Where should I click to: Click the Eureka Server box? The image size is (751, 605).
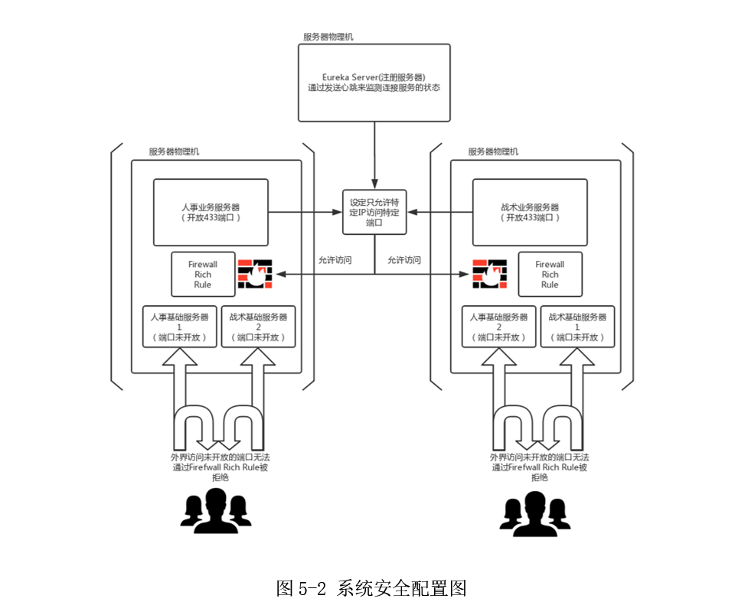pyautogui.click(x=374, y=82)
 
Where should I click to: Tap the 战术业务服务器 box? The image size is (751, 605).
pyautogui.click(x=529, y=212)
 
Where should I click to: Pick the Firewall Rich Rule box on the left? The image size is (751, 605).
pyautogui.click(x=203, y=274)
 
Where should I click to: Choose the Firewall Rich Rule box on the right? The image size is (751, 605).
pyautogui.click(x=550, y=274)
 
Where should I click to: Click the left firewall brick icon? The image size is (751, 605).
pyautogui.click(x=254, y=274)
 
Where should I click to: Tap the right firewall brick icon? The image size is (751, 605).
pyautogui.click(x=489, y=274)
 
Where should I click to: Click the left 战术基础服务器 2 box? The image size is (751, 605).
pyautogui.click(x=258, y=327)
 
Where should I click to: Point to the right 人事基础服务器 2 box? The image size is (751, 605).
pyautogui.click(x=498, y=327)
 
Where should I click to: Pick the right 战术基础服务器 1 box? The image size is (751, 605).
pyautogui.click(x=577, y=327)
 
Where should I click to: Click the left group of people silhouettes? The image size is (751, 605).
pyautogui.click(x=217, y=510)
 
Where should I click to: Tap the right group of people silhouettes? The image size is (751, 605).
pyautogui.click(x=535, y=510)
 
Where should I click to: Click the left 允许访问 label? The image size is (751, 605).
pyautogui.click(x=335, y=260)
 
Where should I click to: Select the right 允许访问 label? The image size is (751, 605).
pyautogui.click(x=403, y=260)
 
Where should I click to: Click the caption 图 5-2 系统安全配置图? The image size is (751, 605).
pyautogui.click(x=371, y=587)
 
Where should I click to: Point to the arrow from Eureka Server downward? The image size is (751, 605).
pyautogui.click(x=374, y=153)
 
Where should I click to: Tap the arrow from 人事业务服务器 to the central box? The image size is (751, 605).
pyautogui.click(x=305, y=212)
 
